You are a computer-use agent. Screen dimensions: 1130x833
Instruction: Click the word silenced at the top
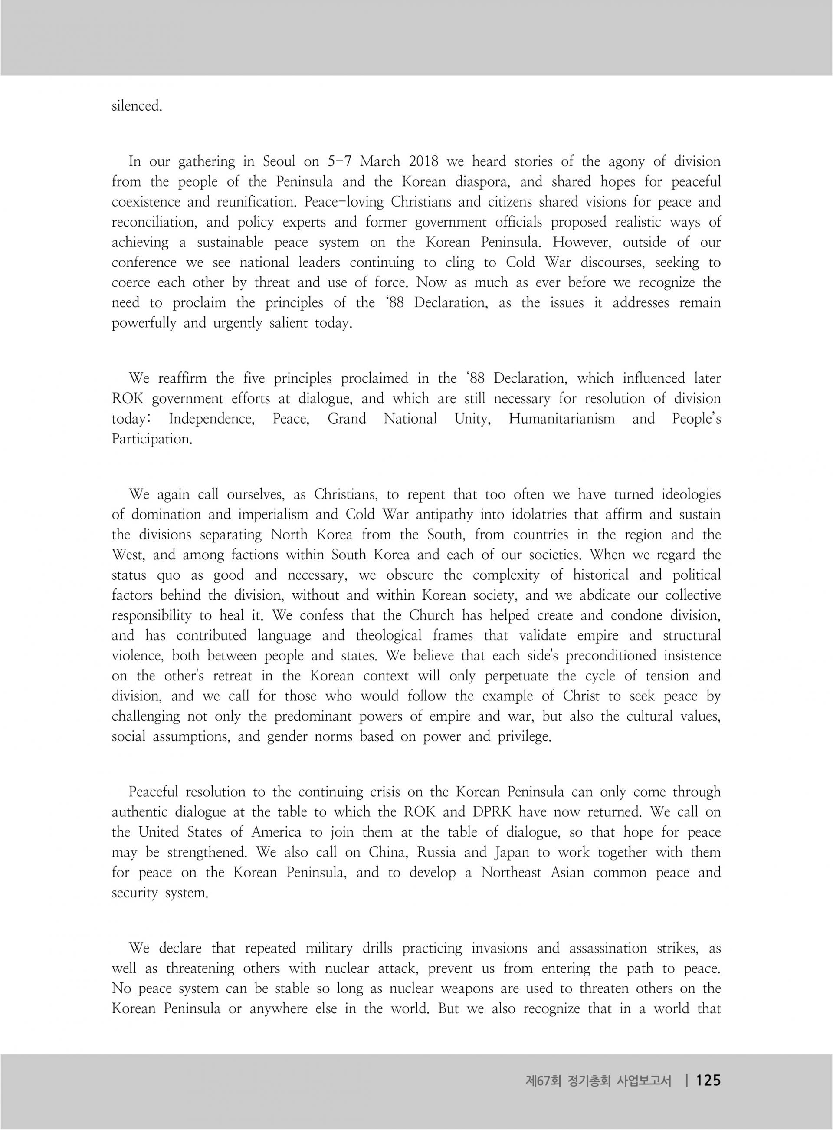(136, 106)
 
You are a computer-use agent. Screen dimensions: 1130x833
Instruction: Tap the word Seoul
(279, 162)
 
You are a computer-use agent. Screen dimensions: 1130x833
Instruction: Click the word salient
(284, 323)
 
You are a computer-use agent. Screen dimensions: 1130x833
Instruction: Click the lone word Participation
(152, 439)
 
